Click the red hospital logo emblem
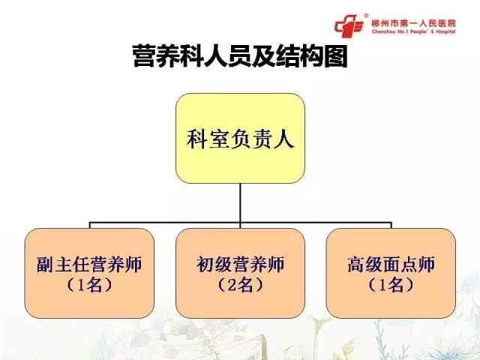pyautogui.click(x=349, y=25)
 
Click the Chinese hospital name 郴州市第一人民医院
pyautogui.click(x=413, y=23)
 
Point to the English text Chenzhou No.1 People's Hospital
pyautogui.click(x=413, y=31)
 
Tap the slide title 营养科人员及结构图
pyautogui.click(x=240, y=56)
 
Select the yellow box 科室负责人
pyautogui.click(x=240, y=138)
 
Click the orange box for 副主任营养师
pyautogui.click(x=89, y=273)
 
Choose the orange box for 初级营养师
pyautogui.click(x=240, y=273)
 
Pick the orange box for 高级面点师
pyautogui.click(x=391, y=273)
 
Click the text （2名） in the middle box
pyautogui.click(x=240, y=285)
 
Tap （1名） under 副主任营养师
pyautogui.click(x=89, y=285)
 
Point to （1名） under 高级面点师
pyautogui.click(x=391, y=285)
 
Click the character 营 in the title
pyautogui.click(x=145, y=56)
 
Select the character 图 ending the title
pyautogui.click(x=336, y=56)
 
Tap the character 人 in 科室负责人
pyautogui.click(x=283, y=139)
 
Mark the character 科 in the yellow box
pyautogui.click(x=196, y=139)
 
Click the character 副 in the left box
pyautogui.click(x=46, y=265)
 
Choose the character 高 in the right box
pyautogui.click(x=356, y=265)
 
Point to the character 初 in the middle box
pyautogui.click(x=205, y=265)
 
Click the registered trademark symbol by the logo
pyautogui.click(x=367, y=16)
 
